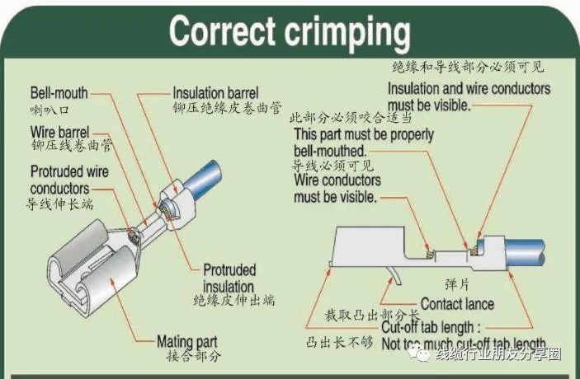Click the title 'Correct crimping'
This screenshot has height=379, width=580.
point(290,32)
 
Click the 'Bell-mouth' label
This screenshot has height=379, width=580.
point(59,93)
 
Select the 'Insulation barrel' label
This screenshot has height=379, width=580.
point(215,92)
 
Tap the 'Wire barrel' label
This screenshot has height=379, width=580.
point(60,132)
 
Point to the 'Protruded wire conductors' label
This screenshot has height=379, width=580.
point(70,180)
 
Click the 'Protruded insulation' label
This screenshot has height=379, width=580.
point(229,278)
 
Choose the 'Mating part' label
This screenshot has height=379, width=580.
point(186,341)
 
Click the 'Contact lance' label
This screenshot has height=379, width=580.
point(457,304)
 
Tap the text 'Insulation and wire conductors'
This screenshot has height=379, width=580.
point(469,89)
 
